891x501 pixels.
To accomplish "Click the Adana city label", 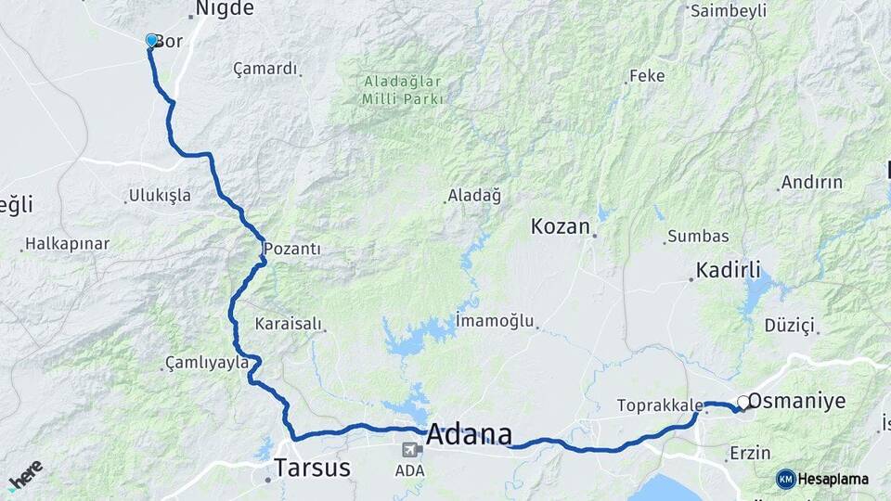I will tap(469, 434).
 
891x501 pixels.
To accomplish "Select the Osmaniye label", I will tap(796, 401).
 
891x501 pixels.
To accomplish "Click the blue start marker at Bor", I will tap(151, 41).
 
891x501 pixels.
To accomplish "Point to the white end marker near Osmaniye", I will tap(742, 403).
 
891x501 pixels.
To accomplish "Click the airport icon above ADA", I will tap(409, 450).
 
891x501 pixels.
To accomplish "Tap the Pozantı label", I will tap(292, 249).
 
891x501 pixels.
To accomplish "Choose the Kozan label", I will tap(561, 226).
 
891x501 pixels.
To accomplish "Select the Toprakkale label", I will tap(658, 405).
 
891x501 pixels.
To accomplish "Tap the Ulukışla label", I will tap(161, 195).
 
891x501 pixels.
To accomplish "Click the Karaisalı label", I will tap(288, 324).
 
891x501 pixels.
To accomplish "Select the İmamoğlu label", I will tap(496, 321).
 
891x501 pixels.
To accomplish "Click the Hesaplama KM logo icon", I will tap(786, 479).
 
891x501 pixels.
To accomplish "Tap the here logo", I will tap(25, 473).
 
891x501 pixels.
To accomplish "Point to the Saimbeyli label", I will tap(729, 10).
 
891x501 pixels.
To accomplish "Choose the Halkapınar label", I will tap(67, 244).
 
